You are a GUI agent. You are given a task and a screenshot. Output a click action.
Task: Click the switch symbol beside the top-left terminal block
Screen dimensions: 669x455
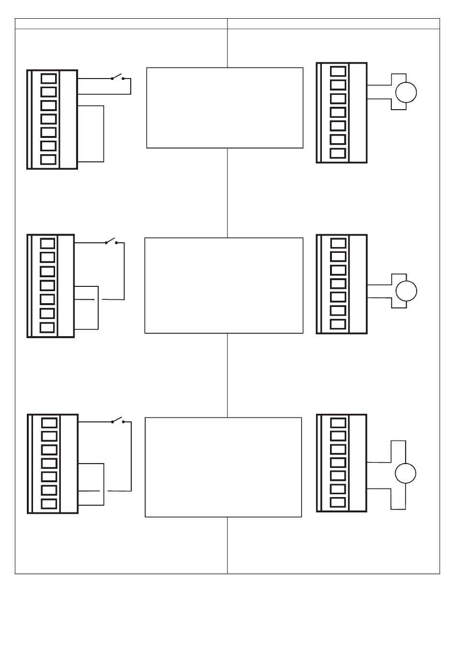(x=117, y=77)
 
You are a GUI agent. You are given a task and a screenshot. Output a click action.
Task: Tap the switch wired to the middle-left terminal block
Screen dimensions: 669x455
(x=111, y=241)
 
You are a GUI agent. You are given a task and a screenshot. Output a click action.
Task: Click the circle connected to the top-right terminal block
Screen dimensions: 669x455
(x=406, y=92)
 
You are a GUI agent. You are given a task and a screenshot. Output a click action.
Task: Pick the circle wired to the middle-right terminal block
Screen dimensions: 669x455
(x=406, y=291)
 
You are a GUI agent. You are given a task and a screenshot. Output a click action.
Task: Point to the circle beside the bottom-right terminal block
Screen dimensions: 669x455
(x=405, y=473)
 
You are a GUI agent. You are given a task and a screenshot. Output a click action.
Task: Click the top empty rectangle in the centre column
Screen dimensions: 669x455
(x=225, y=108)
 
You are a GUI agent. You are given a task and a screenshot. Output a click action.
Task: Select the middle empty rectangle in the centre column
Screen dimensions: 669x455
(x=224, y=285)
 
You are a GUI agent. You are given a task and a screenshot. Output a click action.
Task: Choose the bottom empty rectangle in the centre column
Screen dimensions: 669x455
(x=223, y=467)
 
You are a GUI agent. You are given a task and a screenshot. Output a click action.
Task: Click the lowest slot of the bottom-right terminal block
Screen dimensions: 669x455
(x=338, y=502)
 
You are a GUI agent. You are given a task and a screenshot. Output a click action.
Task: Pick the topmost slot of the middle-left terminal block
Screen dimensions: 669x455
(x=47, y=243)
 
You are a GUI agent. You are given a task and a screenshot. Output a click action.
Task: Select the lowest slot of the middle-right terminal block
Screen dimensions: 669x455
(x=338, y=324)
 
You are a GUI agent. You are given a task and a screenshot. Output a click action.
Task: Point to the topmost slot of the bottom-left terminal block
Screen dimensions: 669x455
(x=49, y=423)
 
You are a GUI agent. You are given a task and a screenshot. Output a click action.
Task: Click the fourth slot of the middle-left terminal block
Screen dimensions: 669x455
(x=47, y=285)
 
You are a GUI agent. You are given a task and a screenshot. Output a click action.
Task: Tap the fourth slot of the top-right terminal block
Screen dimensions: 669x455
(x=338, y=113)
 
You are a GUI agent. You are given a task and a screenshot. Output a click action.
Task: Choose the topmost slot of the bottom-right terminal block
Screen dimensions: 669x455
(x=338, y=422)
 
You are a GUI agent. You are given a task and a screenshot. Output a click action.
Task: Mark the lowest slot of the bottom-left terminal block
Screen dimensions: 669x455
(x=49, y=504)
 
